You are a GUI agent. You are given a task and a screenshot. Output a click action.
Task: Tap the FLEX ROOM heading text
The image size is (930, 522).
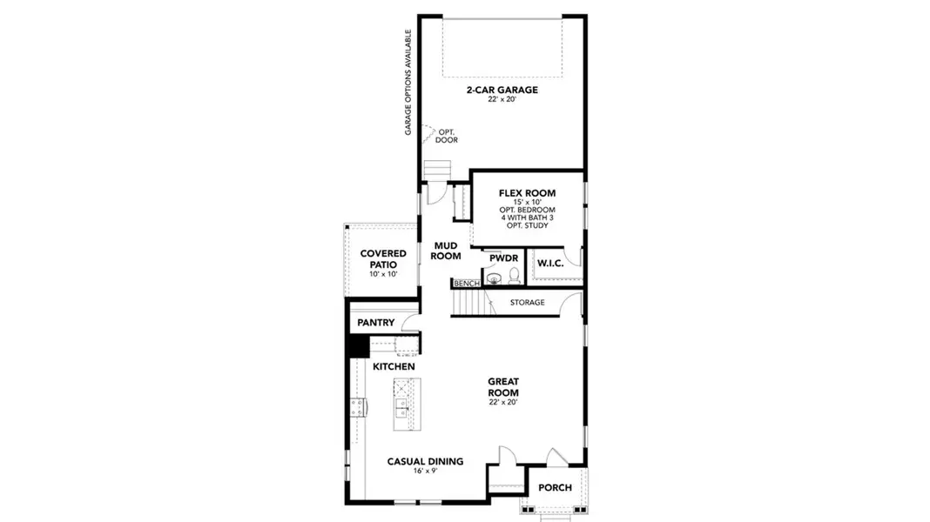point(527,193)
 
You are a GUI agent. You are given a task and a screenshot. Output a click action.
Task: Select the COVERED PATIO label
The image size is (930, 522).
point(379,258)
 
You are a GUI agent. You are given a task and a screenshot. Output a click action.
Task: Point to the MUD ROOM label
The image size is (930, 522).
point(446,251)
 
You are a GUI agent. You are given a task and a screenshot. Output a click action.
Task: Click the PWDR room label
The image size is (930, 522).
point(503,258)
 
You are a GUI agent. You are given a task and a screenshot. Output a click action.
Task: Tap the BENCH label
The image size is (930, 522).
point(466,284)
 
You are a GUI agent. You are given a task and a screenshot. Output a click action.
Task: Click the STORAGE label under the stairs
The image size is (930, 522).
point(527,303)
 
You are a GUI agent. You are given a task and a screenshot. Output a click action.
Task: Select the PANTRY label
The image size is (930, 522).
point(376,323)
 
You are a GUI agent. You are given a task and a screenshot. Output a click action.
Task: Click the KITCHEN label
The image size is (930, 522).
point(394,367)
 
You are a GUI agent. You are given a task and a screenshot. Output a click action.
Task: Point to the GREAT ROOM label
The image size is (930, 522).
point(503,387)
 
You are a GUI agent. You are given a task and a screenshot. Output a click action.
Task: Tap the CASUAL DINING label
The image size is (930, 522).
point(425,462)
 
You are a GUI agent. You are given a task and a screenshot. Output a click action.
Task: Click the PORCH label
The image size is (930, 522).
point(555,488)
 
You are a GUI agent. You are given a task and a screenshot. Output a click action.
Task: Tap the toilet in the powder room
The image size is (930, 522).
point(514,277)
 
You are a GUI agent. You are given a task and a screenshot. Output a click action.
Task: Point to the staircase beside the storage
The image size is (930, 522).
point(471,303)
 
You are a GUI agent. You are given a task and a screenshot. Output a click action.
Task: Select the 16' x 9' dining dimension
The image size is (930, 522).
point(425,472)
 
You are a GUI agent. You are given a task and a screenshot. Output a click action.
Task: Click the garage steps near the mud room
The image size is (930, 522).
point(436,169)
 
